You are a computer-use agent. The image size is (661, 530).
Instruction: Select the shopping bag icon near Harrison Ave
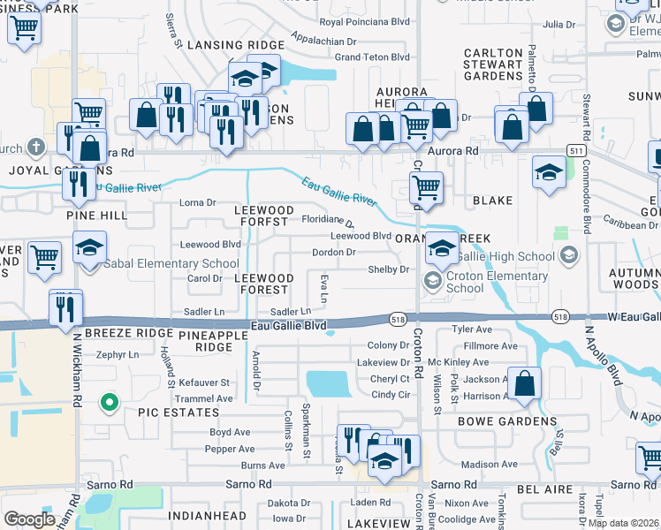pos(524,385)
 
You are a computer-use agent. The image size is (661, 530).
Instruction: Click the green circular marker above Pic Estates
pos(110,404)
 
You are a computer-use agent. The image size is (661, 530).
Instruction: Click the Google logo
pos(29,519)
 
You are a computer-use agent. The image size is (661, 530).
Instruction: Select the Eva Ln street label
pos(323,288)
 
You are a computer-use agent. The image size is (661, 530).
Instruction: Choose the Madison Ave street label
pos(489,465)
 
